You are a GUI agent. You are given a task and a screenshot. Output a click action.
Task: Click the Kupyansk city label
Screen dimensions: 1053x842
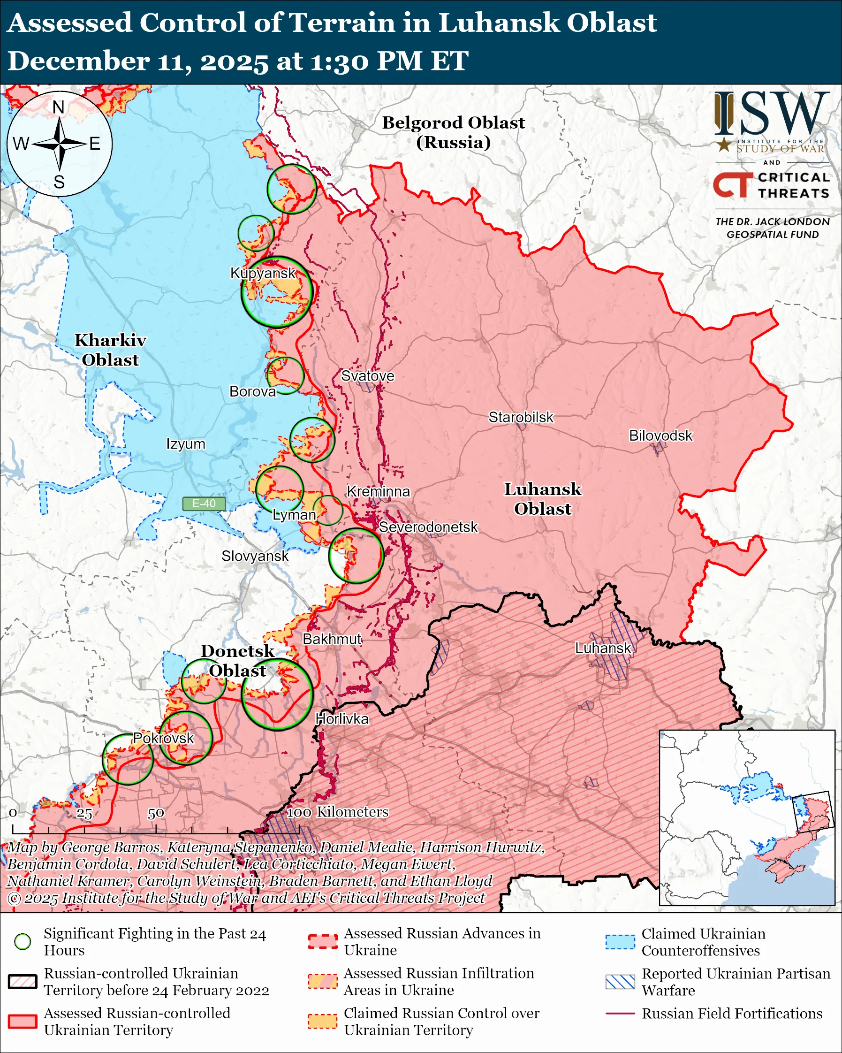click(x=263, y=273)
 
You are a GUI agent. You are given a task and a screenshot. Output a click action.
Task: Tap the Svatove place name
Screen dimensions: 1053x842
click(x=367, y=376)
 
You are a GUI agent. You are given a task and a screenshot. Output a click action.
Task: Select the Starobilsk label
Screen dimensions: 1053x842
click(x=521, y=418)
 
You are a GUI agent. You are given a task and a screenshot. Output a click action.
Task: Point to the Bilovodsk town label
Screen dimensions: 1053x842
click(x=660, y=435)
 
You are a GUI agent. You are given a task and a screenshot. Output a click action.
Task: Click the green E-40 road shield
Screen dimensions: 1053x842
click(x=204, y=504)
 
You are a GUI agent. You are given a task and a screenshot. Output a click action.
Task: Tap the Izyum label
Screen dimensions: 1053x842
click(x=185, y=444)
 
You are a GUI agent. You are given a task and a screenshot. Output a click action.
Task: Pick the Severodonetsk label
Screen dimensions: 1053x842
click(x=428, y=527)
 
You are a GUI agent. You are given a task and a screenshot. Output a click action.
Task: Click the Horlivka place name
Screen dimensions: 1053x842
click(x=341, y=719)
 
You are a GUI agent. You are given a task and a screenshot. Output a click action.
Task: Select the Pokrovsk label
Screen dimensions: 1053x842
click(x=164, y=738)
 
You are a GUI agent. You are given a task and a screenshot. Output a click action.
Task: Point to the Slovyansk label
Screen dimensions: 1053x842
click(x=255, y=556)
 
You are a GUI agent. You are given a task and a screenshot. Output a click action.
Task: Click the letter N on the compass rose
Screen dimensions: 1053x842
click(x=59, y=107)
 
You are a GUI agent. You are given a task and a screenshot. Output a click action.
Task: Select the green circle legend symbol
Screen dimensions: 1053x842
click(x=23, y=942)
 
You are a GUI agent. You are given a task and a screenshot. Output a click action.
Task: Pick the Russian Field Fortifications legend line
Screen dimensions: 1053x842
click(x=620, y=1014)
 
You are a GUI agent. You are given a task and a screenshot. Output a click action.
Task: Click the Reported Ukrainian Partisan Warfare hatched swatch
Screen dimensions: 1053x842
click(x=620, y=982)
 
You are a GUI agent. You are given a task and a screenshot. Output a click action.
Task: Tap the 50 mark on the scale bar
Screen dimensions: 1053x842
click(x=156, y=814)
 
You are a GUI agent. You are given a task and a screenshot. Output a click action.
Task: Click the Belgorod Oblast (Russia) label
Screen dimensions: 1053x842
click(x=453, y=132)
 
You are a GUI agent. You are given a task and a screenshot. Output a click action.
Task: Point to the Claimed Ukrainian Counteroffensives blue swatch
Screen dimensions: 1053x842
click(x=620, y=942)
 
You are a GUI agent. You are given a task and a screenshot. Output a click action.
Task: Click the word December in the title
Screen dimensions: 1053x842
click(x=78, y=61)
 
